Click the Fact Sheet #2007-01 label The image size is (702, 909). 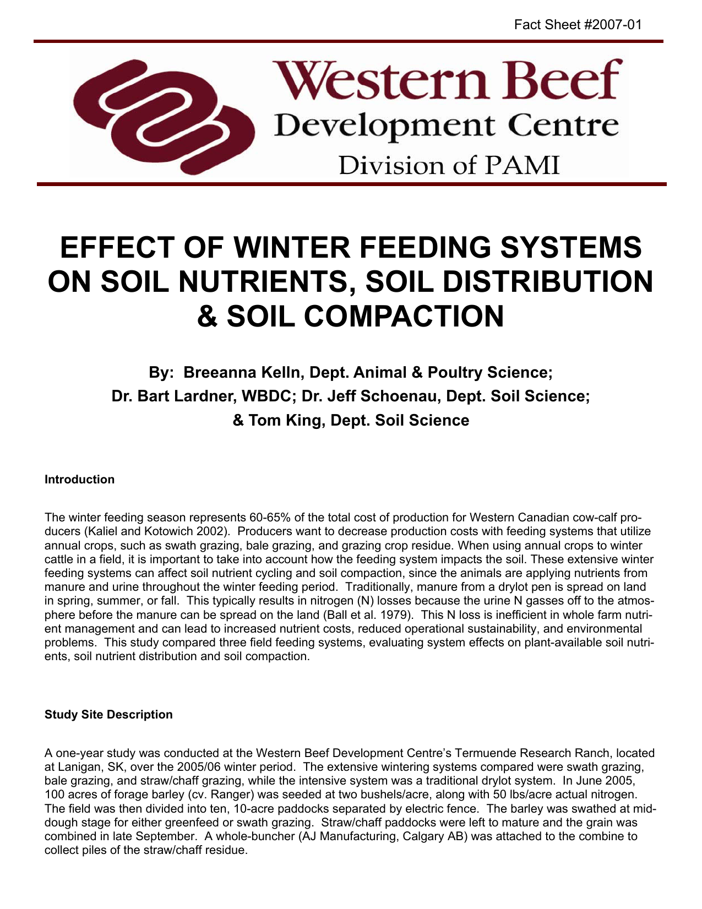(578, 25)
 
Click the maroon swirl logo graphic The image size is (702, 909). (164, 116)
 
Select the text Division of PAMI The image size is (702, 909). (449, 165)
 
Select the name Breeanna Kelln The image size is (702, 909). (244, 373)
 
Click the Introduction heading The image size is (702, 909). (79, 480)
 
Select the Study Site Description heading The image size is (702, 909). (108, 715)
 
